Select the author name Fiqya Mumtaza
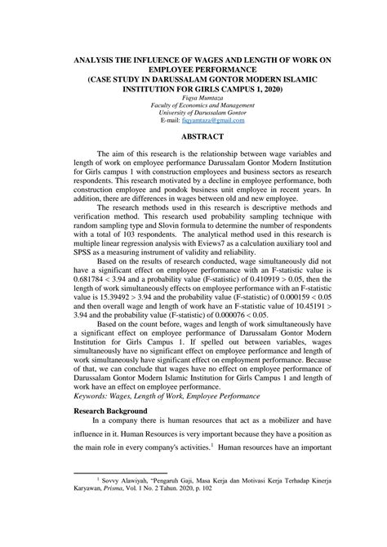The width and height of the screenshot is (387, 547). tap(193, 97)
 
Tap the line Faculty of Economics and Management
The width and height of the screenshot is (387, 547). tap(193, 105)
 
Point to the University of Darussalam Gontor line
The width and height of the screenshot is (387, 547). tap(193, 113)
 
